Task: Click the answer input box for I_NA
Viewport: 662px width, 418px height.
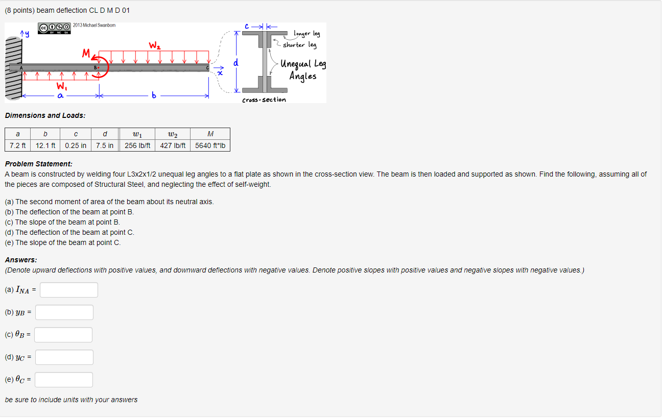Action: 69,290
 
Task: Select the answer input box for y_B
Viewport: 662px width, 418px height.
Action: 64,312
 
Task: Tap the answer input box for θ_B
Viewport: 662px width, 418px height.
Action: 63,335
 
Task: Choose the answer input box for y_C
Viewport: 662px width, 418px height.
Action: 64,357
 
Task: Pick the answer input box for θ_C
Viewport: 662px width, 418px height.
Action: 64,380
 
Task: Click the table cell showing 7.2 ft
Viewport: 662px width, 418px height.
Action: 17,145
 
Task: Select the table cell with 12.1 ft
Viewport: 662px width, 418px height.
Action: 45,145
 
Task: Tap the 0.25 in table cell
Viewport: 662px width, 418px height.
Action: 76,145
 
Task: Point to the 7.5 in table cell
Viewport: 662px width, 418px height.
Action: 105,145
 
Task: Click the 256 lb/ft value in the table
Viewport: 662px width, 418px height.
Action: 137,145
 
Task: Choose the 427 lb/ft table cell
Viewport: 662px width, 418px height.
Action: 173,145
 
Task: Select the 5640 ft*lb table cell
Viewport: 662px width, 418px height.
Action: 210,145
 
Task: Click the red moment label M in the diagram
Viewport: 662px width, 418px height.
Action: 86,53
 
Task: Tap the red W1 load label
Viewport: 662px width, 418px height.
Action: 62,85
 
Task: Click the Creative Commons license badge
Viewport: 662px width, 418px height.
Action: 54,28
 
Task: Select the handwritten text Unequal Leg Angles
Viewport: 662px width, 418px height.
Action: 303,70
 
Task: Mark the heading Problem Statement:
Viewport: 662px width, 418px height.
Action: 38,164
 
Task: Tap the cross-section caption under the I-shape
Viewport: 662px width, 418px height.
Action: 264,100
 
